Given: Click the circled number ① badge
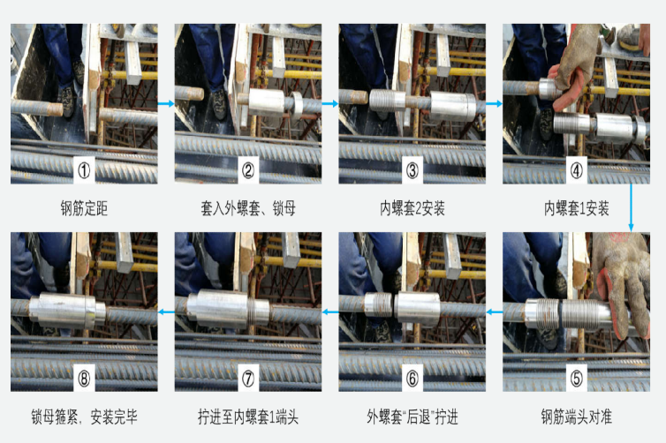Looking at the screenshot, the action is (x=84, y=170).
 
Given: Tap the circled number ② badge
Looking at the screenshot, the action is (x=248, y=170).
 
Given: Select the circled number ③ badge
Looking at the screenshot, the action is (x=412, y=170).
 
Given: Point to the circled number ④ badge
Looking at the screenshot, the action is (x=577, y=170).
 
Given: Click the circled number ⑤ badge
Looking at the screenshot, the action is (x=577, y=378).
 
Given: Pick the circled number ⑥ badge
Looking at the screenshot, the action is (x=412, y=378).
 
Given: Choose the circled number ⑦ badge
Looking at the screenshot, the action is (x=248, y=378).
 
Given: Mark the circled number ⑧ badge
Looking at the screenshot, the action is (x=84, y=378).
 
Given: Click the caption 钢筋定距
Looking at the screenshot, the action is (x=84, y=208).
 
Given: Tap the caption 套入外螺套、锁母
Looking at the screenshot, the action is (x=248, y=208).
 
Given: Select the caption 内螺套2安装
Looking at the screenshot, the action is (x=412, y=208).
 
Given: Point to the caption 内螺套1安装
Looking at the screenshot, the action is (x=577, y=208).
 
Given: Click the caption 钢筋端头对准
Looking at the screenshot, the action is (x=577, y=417).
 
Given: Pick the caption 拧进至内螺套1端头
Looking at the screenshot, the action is (x=248, y=417).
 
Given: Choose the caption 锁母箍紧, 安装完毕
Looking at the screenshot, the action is (x=84, y=417).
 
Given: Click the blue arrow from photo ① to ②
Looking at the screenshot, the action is (x=166, y=103).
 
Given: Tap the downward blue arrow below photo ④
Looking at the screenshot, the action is (x=631, y=207).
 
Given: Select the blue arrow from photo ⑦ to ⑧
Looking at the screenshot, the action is (x=166, y=312).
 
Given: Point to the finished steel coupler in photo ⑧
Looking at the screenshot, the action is (x=67, y=311).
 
